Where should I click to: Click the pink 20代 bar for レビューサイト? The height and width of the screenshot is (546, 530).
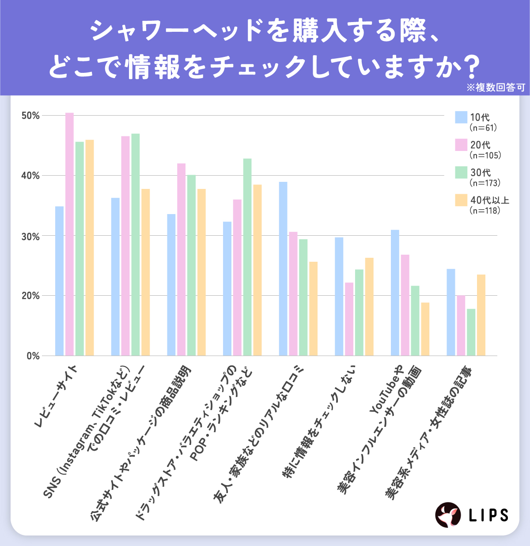click(x=69, y=234)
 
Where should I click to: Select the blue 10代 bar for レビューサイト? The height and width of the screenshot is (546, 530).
click(x=59, y=281)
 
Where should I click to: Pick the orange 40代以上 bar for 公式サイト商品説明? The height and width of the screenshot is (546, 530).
click(x=201, y=272)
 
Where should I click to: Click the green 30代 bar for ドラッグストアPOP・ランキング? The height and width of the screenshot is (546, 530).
click(x=247, y=257)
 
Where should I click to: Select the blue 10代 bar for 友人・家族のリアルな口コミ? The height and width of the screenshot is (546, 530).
click(x=283, y=268)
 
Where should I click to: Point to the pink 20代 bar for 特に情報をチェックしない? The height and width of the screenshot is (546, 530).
click(x=349, y=319)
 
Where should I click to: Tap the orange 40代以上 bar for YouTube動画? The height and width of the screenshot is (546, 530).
click(x=425, y=329)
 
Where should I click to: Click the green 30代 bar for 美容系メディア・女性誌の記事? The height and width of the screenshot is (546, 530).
click(x=471, y=332)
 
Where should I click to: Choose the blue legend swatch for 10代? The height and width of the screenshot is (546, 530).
click(x=461, y=117)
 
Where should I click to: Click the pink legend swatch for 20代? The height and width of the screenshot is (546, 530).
click(x=461, y=145)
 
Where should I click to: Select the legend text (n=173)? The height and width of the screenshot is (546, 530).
click(x=485, y=183)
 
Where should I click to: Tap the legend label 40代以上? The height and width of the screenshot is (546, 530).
click(x=489, y=200)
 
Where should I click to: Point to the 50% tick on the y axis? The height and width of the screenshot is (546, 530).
click(x=30, y=116)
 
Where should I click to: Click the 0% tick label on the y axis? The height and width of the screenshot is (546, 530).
click(x=33, y=356)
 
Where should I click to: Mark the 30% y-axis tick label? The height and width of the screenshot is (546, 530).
click(x=30, y=236)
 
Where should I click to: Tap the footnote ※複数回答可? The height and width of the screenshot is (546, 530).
click(x=495, y=87)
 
